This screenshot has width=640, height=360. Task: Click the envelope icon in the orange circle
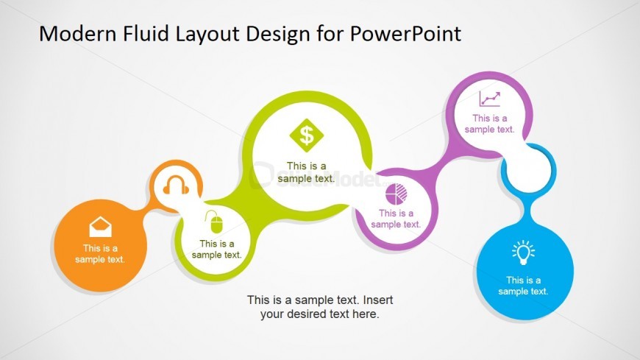(100, 227)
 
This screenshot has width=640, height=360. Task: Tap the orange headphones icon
(176, 185)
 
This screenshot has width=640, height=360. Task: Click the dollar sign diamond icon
(307, 135)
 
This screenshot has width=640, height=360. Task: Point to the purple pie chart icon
(397, 194)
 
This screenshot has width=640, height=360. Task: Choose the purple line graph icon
(490, 99)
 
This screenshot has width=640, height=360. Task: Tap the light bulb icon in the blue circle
(523, 252)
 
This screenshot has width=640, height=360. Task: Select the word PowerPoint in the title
(406, 34)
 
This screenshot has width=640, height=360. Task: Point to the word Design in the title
(278, 35)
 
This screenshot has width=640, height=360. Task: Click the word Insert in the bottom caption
(378, 300)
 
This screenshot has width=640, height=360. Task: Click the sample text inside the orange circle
(100, 254)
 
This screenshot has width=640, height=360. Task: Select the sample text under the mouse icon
(217, 250)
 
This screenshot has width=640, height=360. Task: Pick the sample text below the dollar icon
(306, 172)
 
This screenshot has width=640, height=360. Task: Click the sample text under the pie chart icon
(396, 219)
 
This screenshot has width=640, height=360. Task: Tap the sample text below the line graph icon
(489, 124)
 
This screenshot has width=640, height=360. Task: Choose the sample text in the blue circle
(523, 286)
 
